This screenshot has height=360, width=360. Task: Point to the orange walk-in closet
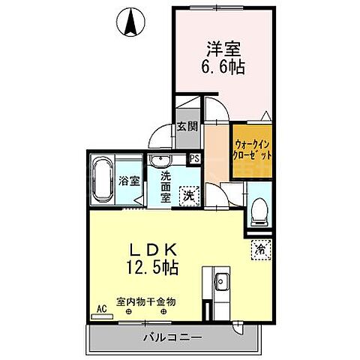(251, 148)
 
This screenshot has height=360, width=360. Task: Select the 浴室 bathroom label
(129, 181)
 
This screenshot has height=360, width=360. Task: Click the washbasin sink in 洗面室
(158, 163)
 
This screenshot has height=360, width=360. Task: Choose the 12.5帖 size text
(157, 265)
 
